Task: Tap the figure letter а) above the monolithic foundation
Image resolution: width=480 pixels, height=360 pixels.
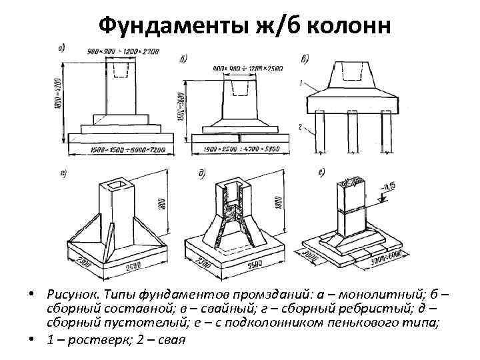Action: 61,47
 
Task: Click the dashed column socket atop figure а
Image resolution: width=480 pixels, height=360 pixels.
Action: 119,69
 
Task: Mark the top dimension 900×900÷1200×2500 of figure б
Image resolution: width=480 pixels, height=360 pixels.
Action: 247,67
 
